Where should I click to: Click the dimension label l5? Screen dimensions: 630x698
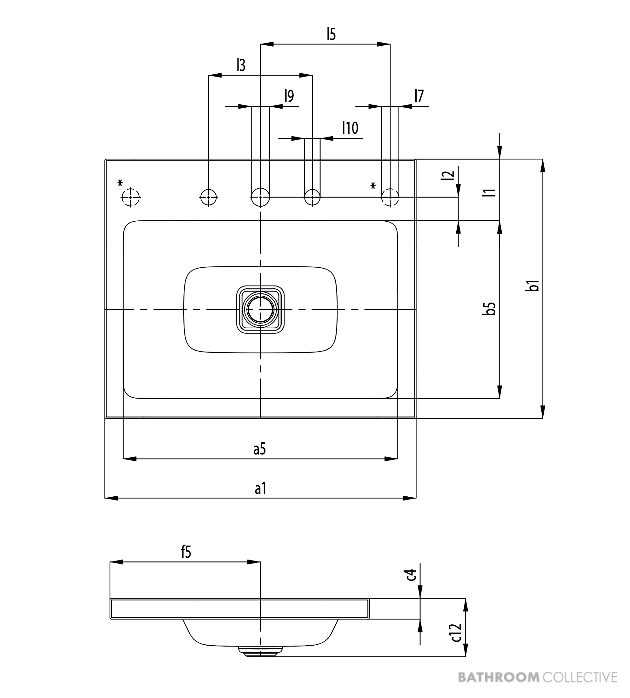pos(331,34)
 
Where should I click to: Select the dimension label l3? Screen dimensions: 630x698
pos(241,65)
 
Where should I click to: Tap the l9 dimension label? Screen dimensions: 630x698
pos(289,96)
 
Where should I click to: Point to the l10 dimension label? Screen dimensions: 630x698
pos(350,128)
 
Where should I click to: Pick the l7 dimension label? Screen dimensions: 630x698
pos(419,96)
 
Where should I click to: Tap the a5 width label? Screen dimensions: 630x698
pos(260,449)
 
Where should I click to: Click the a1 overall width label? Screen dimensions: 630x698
pos(260,488)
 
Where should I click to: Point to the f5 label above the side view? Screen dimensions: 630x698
pos(186,552)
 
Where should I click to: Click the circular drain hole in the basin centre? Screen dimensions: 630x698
pos(260,310)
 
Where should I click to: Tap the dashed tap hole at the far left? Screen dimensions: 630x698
pos(131,197)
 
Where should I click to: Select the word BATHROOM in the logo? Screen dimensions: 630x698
pos(499,677)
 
